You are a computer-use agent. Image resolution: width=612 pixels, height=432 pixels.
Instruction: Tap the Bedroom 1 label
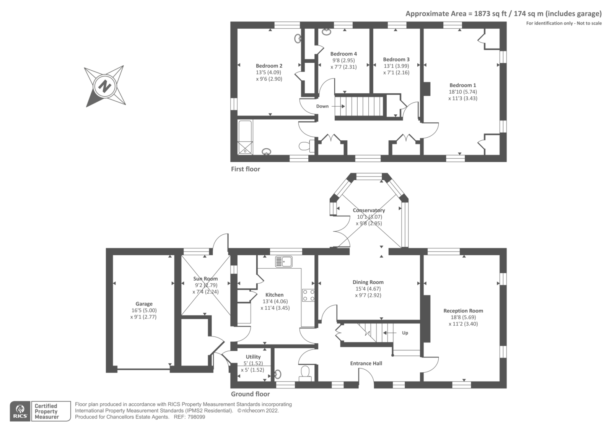click(x=462, y=85)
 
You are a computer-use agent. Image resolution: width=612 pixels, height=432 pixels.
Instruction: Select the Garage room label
click(x=144, y=304)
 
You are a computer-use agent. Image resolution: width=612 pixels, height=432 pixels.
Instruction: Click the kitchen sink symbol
click(x=284, y=262)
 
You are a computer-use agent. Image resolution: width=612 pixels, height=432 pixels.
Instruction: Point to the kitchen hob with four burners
click(x=308, y=295)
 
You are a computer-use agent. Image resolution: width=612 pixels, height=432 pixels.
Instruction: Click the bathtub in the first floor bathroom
click(x=245, y=137)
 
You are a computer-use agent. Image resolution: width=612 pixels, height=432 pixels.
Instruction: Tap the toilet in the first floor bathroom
click(x=305, y=146)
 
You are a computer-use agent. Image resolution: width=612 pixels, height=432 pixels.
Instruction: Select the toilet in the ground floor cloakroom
click(x=305, y=372)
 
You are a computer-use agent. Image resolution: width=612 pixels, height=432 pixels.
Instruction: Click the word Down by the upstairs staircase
click(x=322, y=106)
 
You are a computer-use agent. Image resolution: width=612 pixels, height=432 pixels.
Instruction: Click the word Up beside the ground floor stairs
click(x=405, y=333)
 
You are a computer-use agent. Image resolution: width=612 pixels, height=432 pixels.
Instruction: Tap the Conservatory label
click(x=369, y=210)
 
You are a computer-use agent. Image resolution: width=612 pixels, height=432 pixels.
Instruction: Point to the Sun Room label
click(x=205, y=279)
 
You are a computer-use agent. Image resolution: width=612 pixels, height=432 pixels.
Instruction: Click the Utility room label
click(x=253, y=357)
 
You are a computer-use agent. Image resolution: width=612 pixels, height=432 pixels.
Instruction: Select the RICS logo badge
click(x=20, y=411)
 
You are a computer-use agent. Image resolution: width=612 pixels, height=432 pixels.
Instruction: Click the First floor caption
click(x=245, y=169)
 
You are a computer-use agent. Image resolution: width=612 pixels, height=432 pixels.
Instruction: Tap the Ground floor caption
click(x=250, y=394)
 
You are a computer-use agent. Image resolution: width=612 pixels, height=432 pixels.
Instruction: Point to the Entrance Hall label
click(x=366, y=363)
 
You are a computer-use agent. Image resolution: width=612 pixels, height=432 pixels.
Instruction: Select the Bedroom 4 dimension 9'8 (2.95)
click(x=343, y=60)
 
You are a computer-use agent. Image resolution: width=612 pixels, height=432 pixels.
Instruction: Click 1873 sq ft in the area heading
click(x=490, y=14)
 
